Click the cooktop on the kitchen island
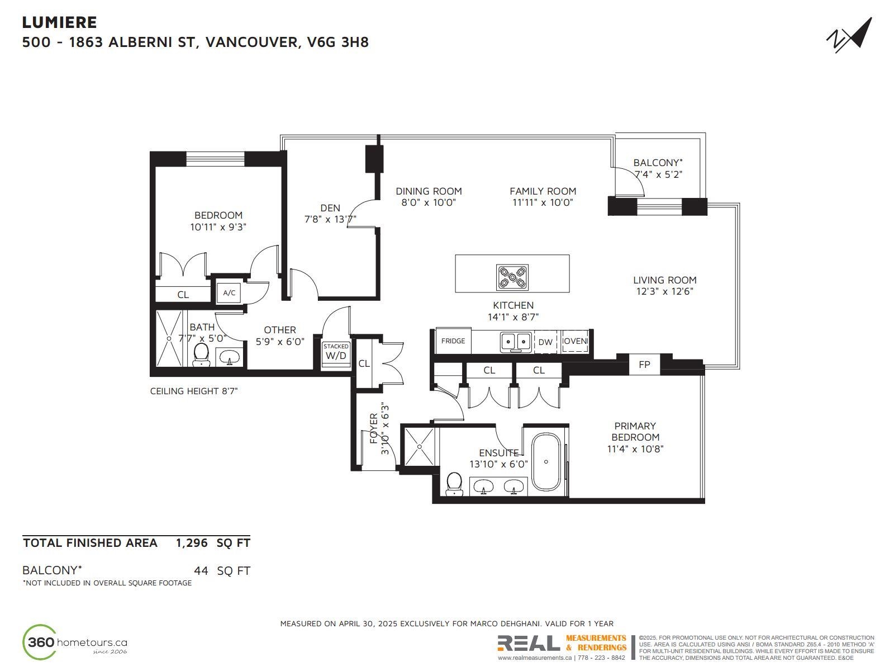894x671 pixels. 512,277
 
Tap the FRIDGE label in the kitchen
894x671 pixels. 453,341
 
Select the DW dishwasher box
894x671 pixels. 545,342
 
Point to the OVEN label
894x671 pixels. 575,341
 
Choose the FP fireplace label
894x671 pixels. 644,364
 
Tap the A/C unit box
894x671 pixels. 229,292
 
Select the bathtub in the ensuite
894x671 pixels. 546,462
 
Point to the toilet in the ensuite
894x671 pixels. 454,484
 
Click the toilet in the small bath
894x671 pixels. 201,355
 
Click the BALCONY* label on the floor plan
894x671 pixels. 658,163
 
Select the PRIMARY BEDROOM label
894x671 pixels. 635,432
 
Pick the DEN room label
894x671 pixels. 330,208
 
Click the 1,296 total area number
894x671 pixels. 192,542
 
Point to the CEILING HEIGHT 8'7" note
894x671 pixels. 193,391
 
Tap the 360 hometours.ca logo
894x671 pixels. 75,642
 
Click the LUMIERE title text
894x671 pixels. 59,22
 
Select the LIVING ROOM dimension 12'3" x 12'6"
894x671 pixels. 665,291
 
